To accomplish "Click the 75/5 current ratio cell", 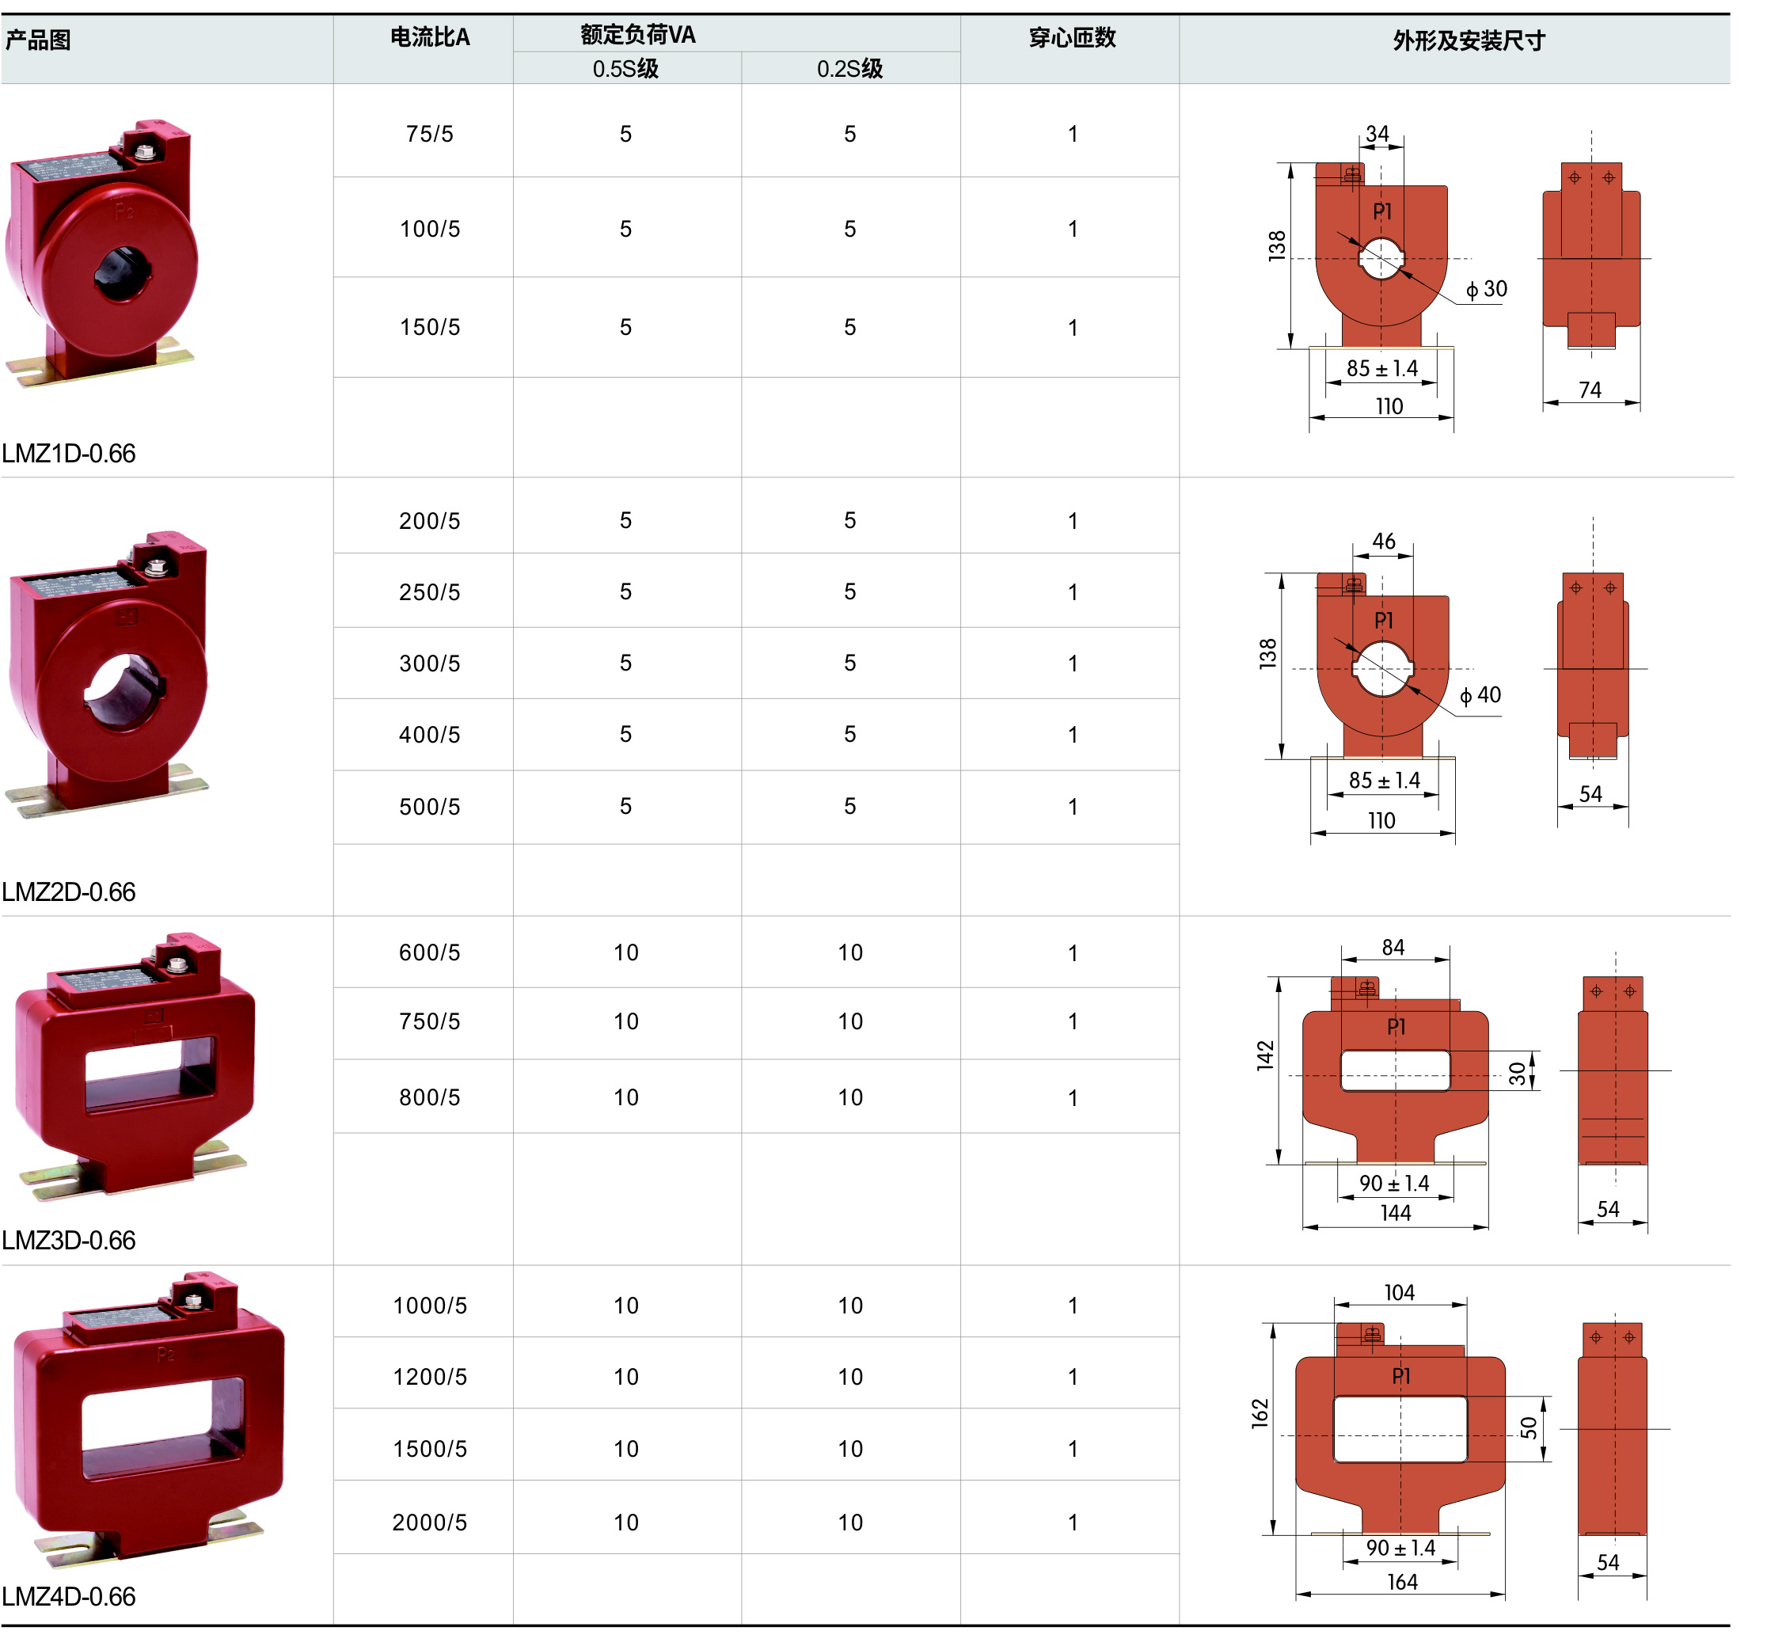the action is (x=429, y=135).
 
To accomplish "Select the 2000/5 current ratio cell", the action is (x=429, y=1522).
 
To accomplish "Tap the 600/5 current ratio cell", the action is (x=429, y=952).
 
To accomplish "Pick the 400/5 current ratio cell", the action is (x=429, y=735).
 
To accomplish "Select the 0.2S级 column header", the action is (x=849, y=68).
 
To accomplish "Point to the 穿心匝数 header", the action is (x=1072, y=37).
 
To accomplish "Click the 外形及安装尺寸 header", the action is (x=1469, y=41).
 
